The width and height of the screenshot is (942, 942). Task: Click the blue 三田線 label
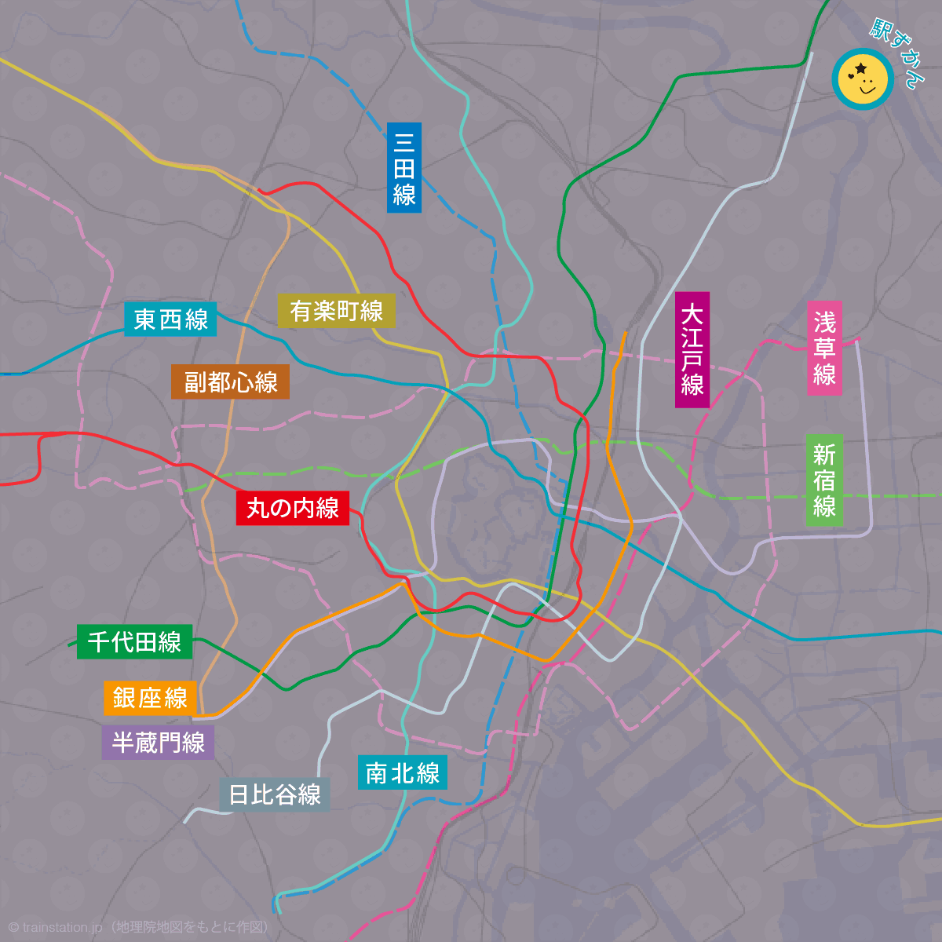pyautogui.click(x=404, y=167)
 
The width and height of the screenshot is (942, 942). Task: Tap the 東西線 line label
pyautogui.click(x=170, y=319)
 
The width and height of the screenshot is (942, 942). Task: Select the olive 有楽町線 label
pyautogui.click(x=336, y=311)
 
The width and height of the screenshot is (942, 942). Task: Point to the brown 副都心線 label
pyautogui.click(x=231, y=382)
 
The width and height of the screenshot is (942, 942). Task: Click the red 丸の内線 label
pyautogui.click(x=292, y=508)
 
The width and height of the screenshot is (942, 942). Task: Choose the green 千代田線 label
pyautogui.click(x=134, y=641)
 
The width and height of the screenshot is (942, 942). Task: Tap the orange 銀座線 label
pyautogui.click(x=150, y=698)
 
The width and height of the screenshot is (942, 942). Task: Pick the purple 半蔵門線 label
pyautogui.click(x=158, y=743)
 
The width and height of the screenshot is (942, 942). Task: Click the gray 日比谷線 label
pyautogui.click(x=274, y=794)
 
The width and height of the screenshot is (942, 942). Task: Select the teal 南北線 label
pyautogui.click(x=402, y=773)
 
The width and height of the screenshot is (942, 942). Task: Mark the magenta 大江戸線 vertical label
pyautogui.click(x=692, y=350)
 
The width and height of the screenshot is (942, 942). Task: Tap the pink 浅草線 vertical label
pyautogui.click(x=825, y=348)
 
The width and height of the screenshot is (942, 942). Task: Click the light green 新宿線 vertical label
pyautogui.click(x=824, y=480)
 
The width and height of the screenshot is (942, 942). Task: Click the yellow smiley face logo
pyautogui.click(x=863, y=78)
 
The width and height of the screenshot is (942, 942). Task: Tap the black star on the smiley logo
pyautogui.click(x=861, y=69)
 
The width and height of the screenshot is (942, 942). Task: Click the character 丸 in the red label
pyautogui.click(x=257, y=508)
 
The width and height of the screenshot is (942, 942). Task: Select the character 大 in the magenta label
pyautogui.click(x=692, y=315)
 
